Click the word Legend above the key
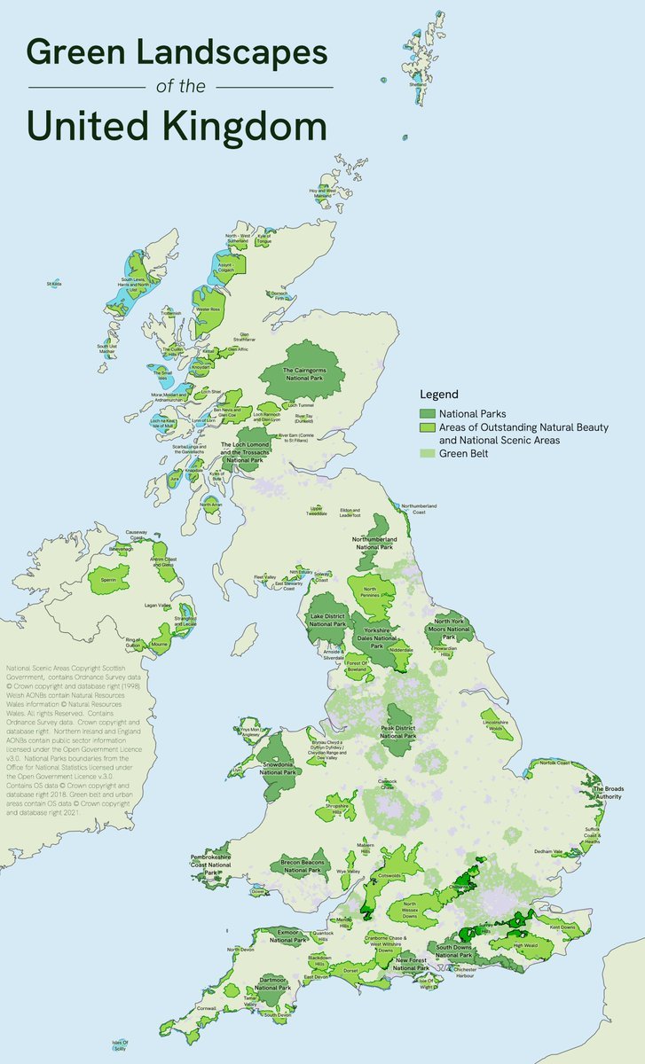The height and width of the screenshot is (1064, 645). click(x=439, y=394)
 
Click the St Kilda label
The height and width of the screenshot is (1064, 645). click(x=54, y=284)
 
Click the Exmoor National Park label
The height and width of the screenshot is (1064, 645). click(x=280, y=936)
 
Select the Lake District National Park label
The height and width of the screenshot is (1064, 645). click(x=326, y=620)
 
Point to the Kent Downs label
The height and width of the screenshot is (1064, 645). click(x=562, y=927)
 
